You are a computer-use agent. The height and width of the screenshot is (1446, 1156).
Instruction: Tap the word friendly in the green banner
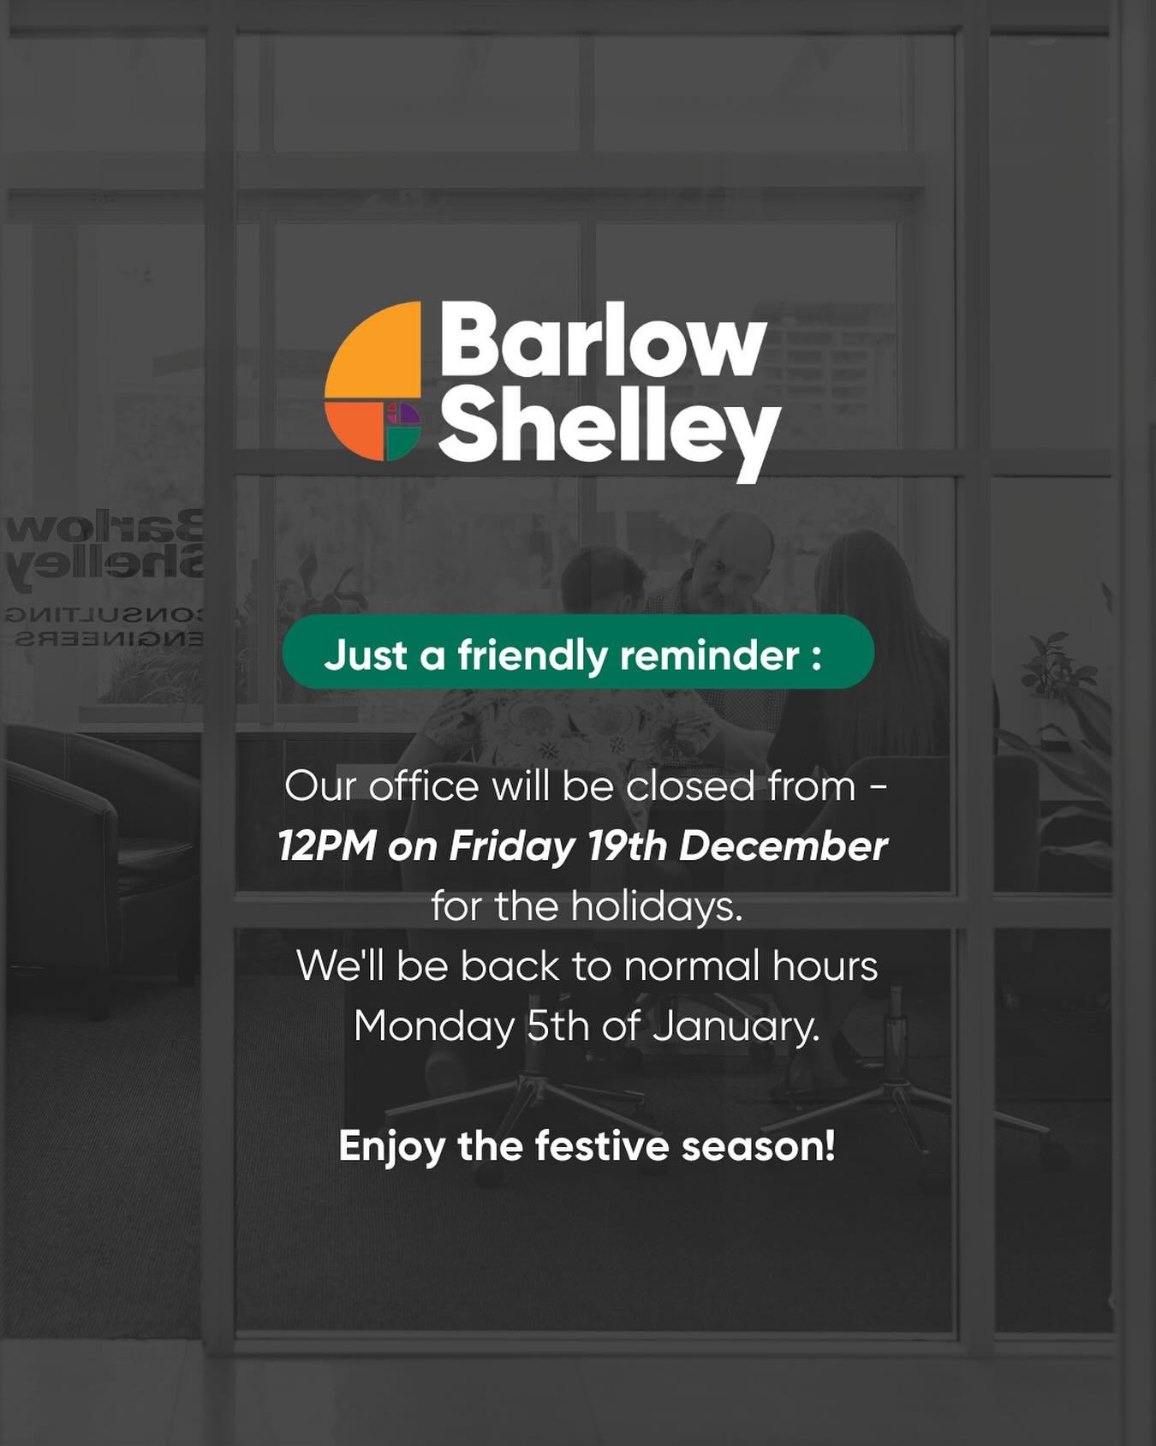[532, 655]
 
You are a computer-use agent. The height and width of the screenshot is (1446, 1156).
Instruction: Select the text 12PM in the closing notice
[327, 846]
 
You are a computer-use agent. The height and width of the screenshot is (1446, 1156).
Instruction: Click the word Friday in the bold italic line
[512, 846]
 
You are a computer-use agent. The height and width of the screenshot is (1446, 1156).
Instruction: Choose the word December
[783, 846]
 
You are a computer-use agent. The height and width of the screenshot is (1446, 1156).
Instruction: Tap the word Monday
[434, 1026]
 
